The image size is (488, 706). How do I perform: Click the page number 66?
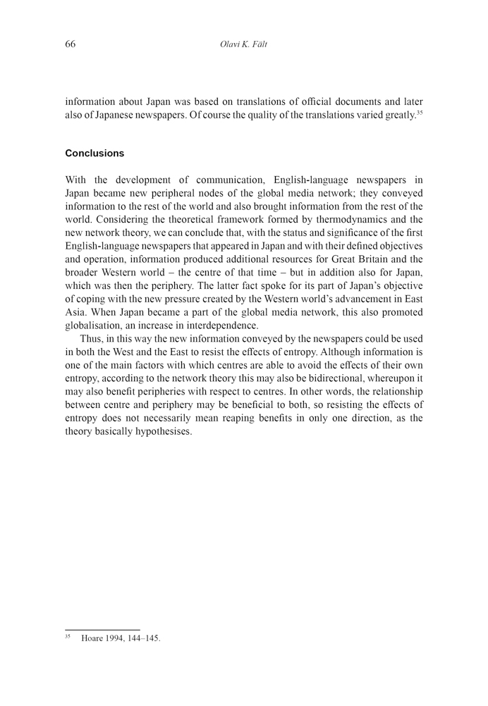[x=71, y=44]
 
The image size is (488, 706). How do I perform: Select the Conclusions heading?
[x=94, y=153]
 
